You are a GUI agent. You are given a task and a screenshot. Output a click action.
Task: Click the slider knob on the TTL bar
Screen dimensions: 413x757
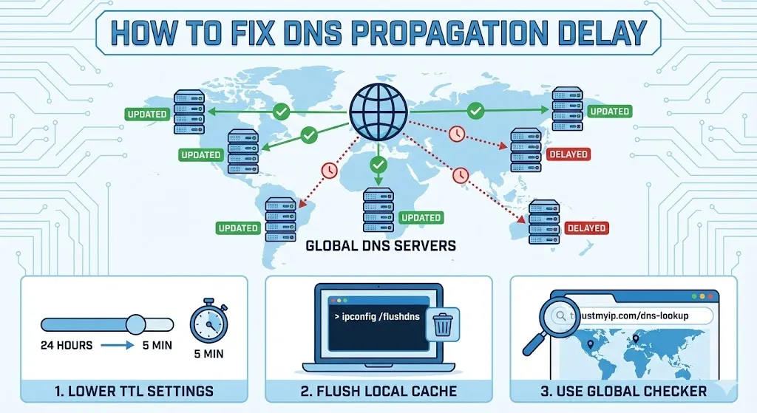tap(135, 324)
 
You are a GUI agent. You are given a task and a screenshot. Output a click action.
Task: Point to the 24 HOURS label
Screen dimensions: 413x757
tap(67, 345)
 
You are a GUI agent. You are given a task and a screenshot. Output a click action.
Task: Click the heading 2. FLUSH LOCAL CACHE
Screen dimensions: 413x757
tap(378, 390)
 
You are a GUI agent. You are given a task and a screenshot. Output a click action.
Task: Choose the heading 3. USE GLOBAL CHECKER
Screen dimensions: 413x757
tap(623, 390)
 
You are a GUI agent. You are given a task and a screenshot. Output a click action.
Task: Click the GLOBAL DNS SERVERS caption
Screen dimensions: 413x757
tap(381, 245)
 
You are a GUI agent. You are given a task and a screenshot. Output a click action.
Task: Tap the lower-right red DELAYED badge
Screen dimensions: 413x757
tap(586, 228)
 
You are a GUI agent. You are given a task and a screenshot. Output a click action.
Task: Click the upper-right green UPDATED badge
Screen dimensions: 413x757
tap(609, 112)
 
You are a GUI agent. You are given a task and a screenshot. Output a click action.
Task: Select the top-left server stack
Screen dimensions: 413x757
tap(189, 112)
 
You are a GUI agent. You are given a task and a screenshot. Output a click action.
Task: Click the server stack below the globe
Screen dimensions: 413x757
tap(378, 210)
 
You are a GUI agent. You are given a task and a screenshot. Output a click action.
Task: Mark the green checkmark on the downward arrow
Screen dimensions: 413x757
tap(378, 163)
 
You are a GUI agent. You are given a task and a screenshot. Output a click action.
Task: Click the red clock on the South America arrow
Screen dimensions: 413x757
tap(327, 170)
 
